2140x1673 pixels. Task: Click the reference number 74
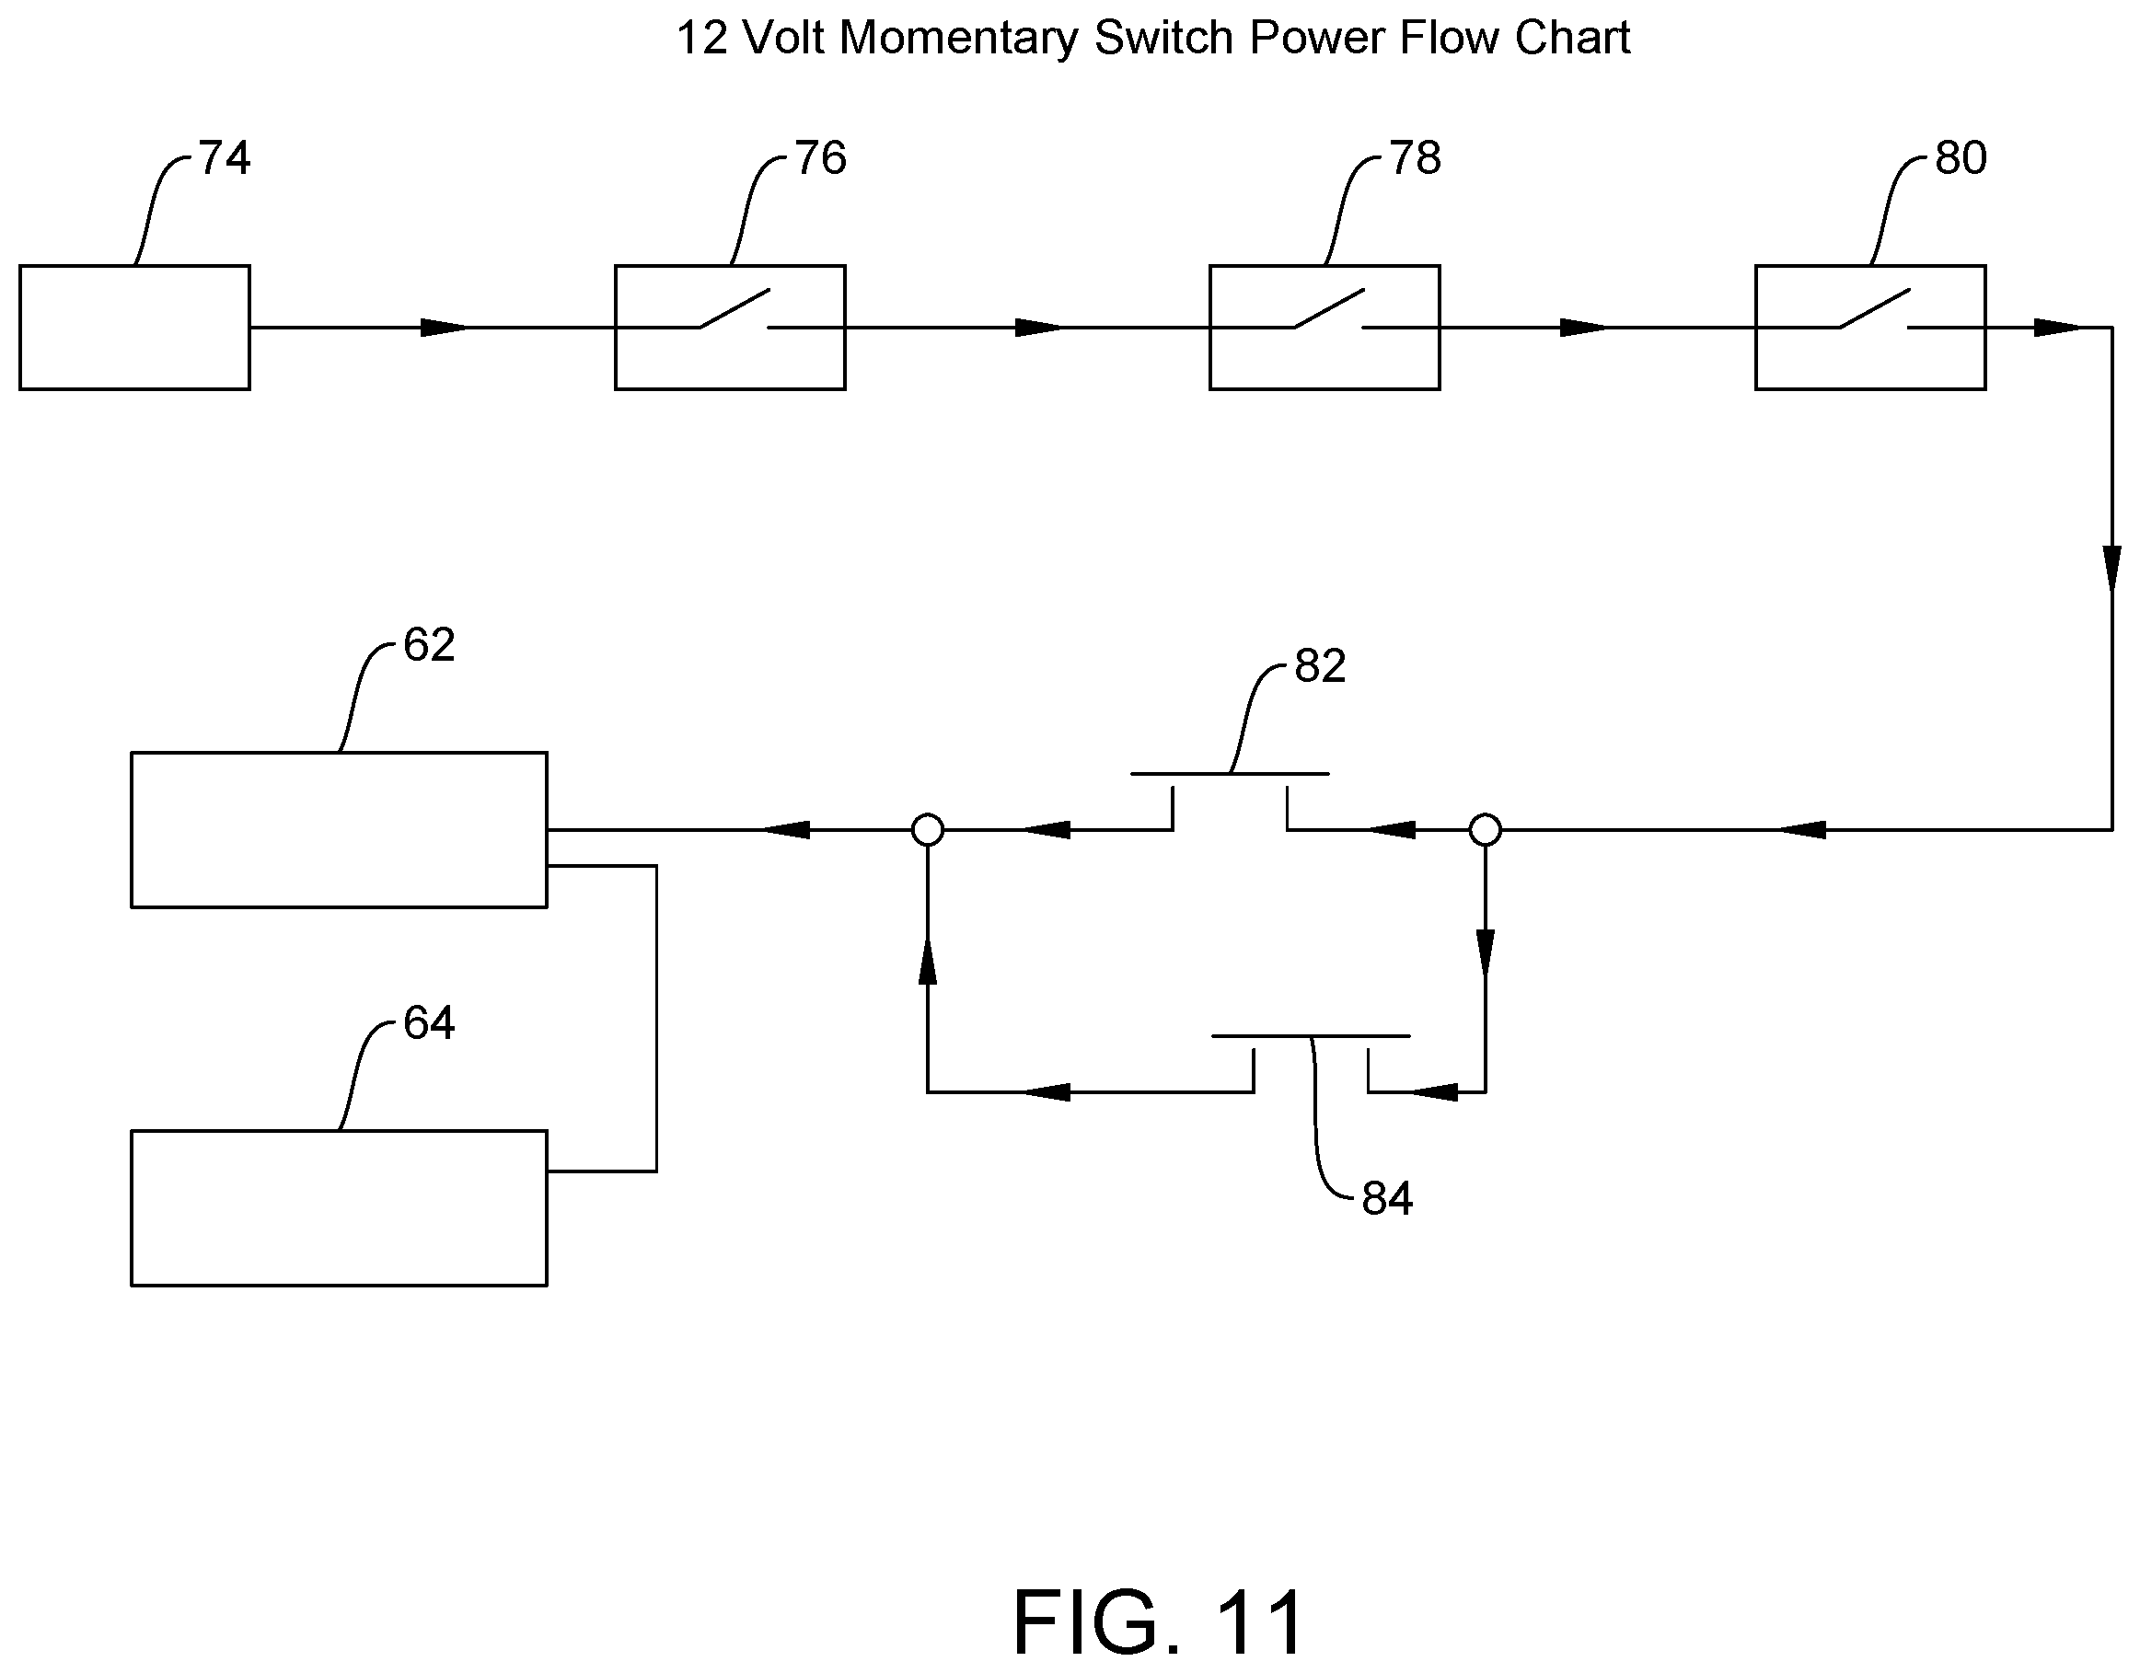[225, 157]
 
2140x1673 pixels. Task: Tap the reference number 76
[820, 157]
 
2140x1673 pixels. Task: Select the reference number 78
[1415, 157]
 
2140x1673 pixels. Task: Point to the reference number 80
[1961, 157]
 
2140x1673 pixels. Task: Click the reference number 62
[429, 644]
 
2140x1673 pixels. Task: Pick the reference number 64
[429, 1022]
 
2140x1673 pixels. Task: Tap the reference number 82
[1320, 666]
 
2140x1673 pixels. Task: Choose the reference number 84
[1387, 1198]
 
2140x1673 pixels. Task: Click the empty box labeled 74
[134, 328]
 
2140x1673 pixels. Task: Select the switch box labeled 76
[730, 328]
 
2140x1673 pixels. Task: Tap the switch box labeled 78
[1324, 328]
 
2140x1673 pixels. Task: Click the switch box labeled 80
[1870, 328]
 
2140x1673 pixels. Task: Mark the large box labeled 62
[339, 830]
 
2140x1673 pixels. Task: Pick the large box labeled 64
[339, 1207]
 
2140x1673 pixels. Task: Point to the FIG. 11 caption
[1158, 1622]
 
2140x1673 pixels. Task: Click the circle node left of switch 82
[927, 830]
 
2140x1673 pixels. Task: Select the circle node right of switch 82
[1485, 830]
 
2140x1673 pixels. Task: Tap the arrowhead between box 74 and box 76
[444, 328]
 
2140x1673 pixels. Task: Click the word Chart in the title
[1573, 39]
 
